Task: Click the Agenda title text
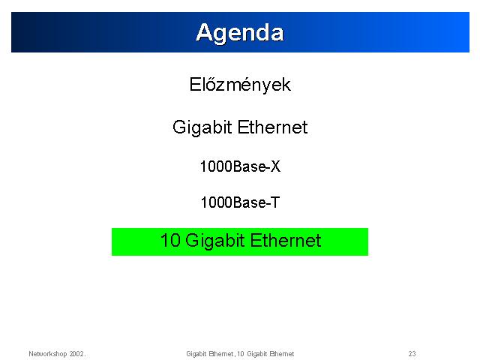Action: (240, 33)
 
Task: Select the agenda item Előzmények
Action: (240, 85)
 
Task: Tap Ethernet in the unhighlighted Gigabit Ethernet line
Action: (272, 127)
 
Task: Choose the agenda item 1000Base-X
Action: (240, 166)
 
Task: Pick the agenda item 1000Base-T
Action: (240, 202)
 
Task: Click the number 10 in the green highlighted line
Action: (170, 240)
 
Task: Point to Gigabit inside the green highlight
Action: (215, 241)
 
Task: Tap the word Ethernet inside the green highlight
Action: (286, 240)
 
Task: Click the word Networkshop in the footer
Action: (48, 354)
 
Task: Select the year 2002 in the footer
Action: (76, 354)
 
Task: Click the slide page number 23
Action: (412, 354)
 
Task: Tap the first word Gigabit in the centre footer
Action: (196, 354)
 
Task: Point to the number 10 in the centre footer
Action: (241, 354)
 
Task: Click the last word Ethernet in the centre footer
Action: (282, 354)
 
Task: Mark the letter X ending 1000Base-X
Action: (275, 166)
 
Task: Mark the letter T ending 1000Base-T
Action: (275, 202)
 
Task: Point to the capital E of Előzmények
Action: (195, 85)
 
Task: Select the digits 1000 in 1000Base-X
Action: (217, 166)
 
